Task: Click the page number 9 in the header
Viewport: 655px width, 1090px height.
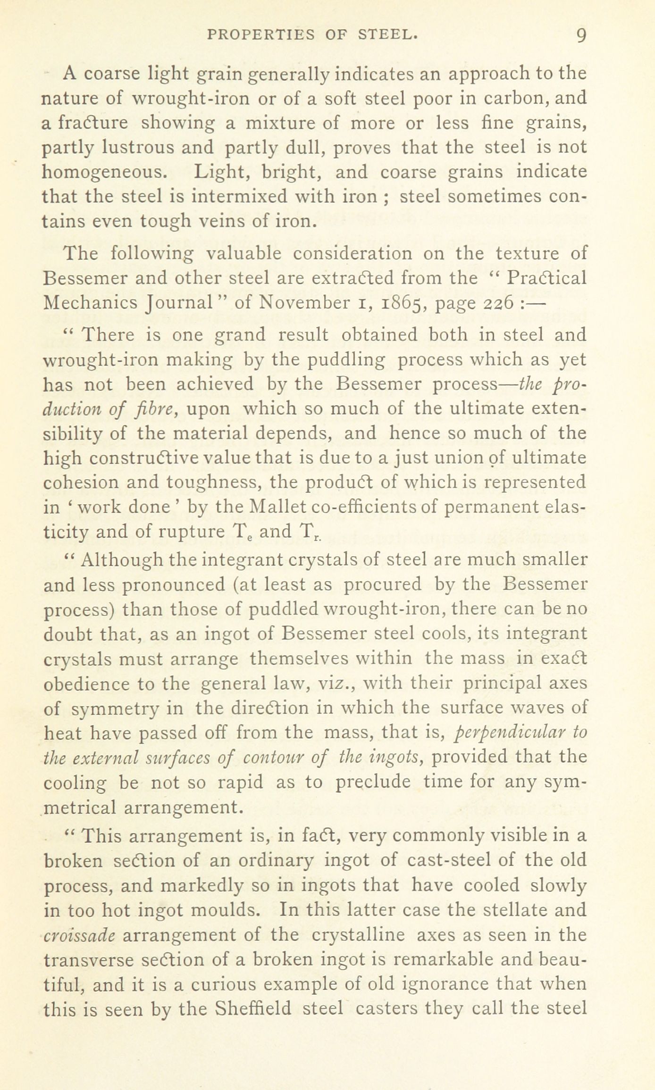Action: click(580, 35)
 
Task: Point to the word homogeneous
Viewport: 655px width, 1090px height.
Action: click(104, 172)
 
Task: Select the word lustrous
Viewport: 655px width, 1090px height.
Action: click(139, 148)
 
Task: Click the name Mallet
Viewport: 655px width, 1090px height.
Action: click(277, 507)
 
